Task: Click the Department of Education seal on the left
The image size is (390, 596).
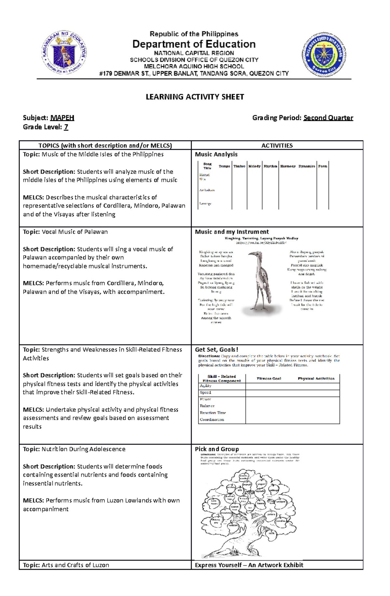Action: tap(64, 53)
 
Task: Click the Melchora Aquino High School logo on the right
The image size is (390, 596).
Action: tap(324, 54)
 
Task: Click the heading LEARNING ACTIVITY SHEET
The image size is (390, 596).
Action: tap(195, 97)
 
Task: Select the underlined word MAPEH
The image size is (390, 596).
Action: tap(62, 118)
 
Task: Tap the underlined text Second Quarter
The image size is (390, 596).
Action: tap(328, 118)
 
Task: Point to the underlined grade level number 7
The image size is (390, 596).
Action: tap(66, 127)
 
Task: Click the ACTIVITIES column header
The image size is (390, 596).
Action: tap(277, 146)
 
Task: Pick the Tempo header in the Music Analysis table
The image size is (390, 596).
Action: tap(224, 166)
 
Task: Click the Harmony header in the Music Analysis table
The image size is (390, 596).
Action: tap(288, 166)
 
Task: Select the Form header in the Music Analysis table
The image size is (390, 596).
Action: tap(322, 166)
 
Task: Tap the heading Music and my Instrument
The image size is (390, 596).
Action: tap(232, 232)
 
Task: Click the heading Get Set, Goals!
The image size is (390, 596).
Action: tap(216, 349)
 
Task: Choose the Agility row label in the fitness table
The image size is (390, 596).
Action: tap(205, 386)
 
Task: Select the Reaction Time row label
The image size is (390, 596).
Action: tap(213, 412)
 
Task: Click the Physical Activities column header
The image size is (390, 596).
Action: tap(316, 378)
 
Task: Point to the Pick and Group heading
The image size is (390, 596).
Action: tap(217, 449)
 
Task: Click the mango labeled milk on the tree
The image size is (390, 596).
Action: tap(271, 533)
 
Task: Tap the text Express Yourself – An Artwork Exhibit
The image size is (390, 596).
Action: tap(249, 565)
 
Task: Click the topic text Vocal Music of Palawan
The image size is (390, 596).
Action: tap(75, 232)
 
